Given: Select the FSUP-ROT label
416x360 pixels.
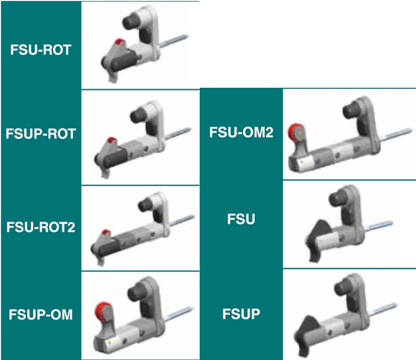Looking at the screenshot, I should coord(41,134).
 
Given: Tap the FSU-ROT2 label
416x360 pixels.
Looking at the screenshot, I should coord(41,227).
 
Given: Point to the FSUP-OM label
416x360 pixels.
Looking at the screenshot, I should coord(41,314).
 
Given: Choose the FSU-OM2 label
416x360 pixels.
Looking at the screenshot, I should coord(241,132).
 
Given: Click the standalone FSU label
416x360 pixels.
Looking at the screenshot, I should coord(241,220).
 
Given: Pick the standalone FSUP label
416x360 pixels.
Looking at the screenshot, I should coord(241,314).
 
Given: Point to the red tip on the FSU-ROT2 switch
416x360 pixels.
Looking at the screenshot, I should coord(106,232).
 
